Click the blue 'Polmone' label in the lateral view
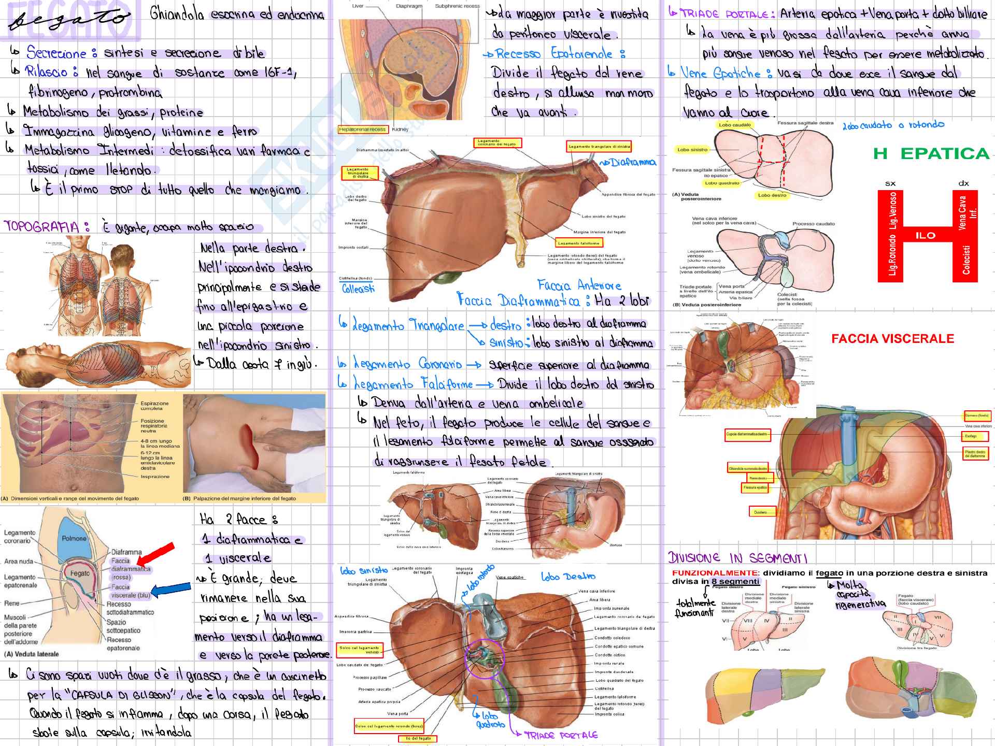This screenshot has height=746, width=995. click(74, 538)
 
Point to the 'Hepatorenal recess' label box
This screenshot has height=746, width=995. click(362, 130)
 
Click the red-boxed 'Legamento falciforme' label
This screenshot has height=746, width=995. click(579, 243)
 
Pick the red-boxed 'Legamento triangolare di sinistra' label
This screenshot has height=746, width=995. click(599, 147)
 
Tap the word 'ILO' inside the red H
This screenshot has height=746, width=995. click(925, 236)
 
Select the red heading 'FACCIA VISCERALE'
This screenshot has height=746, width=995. click(892, 339)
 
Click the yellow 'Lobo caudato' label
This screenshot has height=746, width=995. click(734, 125)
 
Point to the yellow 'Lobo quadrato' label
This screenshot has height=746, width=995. click(722, 183)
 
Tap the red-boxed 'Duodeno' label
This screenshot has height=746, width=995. click(760, 512)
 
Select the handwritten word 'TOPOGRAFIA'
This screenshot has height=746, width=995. click(41, 226)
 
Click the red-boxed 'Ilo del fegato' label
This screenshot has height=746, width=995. click(418, 738)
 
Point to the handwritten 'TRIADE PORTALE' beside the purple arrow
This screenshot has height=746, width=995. click(561, 735)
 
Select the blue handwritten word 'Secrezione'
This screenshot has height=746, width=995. click(56, 53)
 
